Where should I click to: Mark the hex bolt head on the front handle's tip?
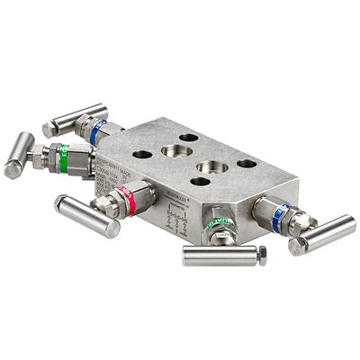point(261,254)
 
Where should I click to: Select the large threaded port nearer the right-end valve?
point(212,167)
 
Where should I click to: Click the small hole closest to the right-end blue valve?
point(245,164)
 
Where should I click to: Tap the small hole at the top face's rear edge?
point(189,138)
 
